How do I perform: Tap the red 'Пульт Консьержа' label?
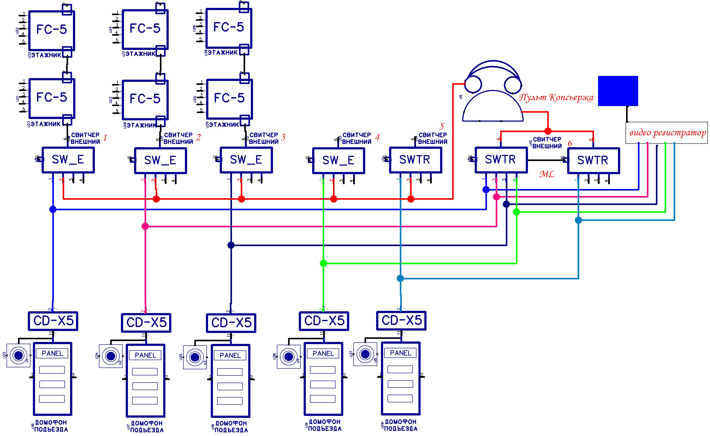pyautogui.click(x=556, y=98)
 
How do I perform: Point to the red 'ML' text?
pyautogui.click(x=547, y=174)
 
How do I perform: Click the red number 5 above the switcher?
pyautogui.click(x=441, y=126)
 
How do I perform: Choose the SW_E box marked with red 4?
pyautogui.click(x=338, y=160)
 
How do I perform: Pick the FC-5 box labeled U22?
pyautogui.click(x=52, y=30)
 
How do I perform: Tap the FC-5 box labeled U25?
pyautogui.click(x=229, y=99)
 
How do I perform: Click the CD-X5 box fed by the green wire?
pyautogui.click(x=324, y=321)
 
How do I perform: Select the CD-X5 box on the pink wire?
pyautogui.click(x=146, y=323)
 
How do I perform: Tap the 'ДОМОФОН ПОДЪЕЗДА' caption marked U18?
pyautogui.click(x=231, y=427)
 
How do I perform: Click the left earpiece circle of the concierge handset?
pyautogui.click(x=473, y=84)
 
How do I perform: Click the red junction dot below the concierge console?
pyautogui.click(x=548, y=131)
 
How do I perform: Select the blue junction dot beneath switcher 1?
pyautogui.click(x=53, y=209)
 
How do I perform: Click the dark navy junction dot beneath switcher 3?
pyautogui.click(x=231, y=245)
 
